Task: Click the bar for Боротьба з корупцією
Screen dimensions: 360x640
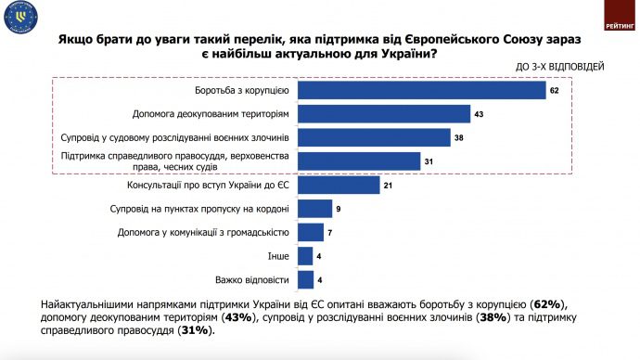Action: (421, 91)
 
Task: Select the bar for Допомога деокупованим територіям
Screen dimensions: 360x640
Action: (384, 114)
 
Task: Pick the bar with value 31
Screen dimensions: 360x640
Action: (359, 161)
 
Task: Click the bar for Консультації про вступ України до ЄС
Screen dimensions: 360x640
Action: (339, 185)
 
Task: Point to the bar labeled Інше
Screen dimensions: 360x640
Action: (305, 256)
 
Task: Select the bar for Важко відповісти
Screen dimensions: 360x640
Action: (305, 279)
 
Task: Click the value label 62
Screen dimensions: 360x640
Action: (554, 91)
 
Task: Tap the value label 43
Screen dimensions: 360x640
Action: (480, 114)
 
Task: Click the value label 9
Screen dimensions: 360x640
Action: (339, 209)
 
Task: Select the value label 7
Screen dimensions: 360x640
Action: (331, 232)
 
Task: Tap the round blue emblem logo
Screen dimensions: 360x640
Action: (19, 19)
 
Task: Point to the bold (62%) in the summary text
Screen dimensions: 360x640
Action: (546, 304)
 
